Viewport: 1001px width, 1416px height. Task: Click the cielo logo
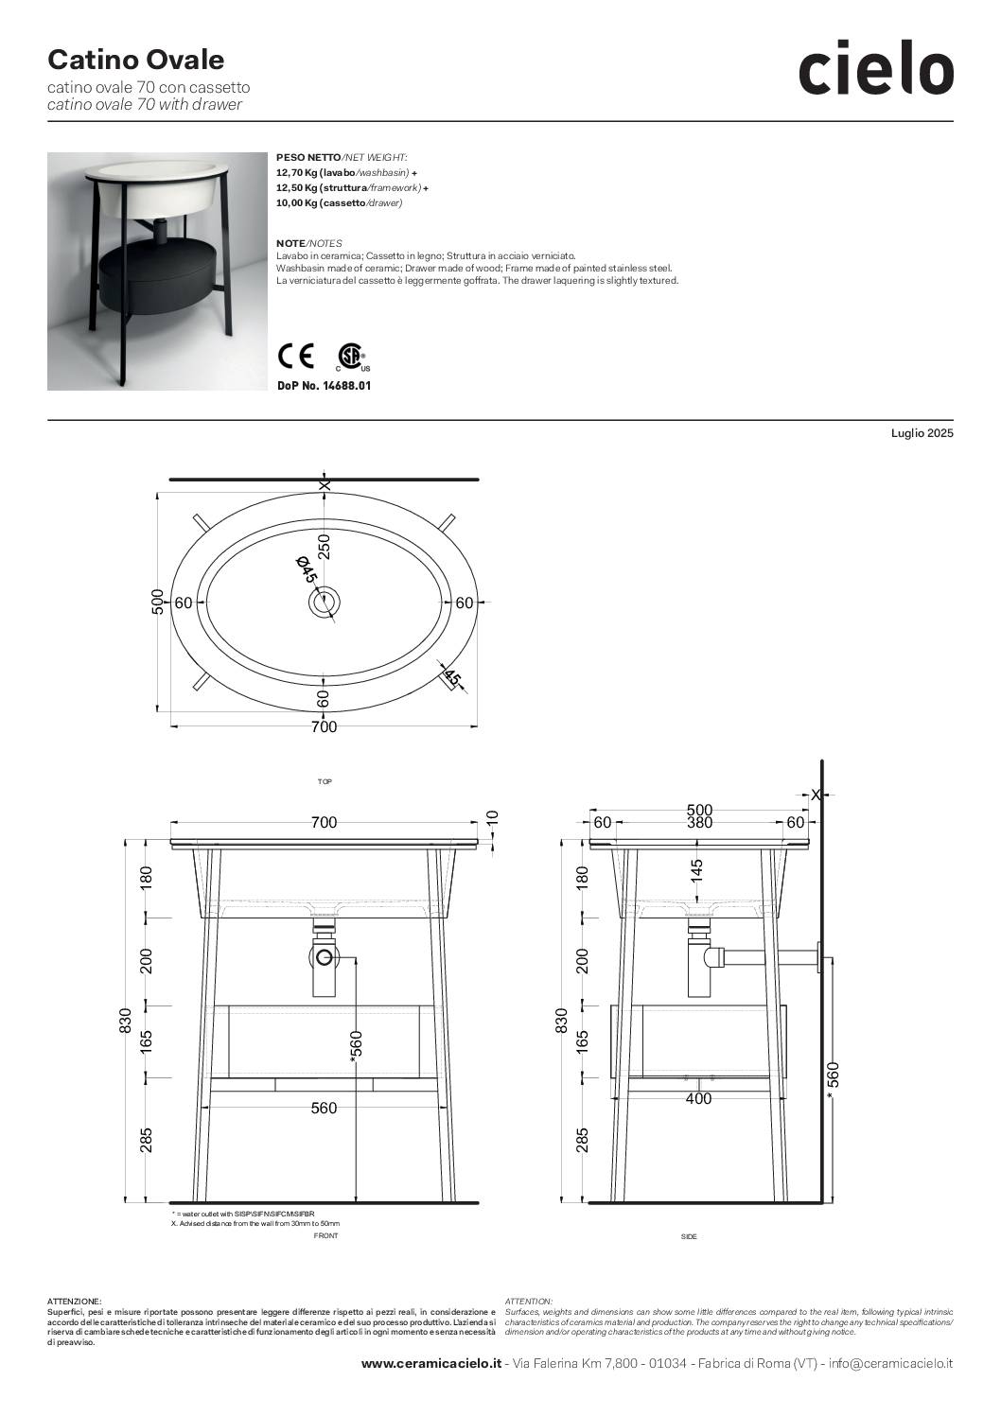pos(876,67)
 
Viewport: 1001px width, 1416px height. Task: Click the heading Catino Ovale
pos(136,60)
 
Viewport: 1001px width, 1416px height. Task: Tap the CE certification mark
pos(296,356)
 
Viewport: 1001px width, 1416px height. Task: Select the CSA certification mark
pos(352,357)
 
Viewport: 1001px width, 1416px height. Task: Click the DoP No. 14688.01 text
pos(324,386)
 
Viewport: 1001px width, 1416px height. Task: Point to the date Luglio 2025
pos(922,433)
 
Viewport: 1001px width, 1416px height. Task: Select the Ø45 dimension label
pos(306,568)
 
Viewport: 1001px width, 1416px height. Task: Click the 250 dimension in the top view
pos(324,547)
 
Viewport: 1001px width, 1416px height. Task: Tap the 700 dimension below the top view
pos(324,727)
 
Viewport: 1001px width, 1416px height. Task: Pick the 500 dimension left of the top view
pos(157,602)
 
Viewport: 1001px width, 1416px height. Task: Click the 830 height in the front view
pos(125,1021)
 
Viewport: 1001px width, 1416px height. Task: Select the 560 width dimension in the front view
pos(324,1109)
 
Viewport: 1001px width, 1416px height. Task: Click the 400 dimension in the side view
pos(699,1099)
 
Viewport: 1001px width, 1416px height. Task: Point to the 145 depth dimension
pos(697,871)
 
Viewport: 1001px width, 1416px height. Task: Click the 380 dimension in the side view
pos(699,822)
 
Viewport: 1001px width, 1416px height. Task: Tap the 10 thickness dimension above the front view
pos(494,818)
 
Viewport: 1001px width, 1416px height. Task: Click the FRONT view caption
pos(325,1235)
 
